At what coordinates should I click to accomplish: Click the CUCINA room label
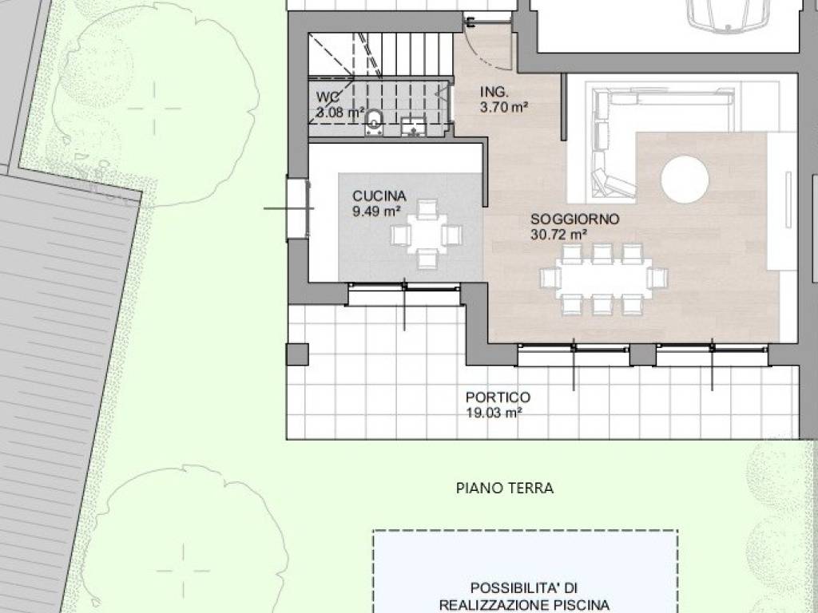click(x=379, y=196)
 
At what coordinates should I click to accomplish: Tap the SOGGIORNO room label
click(x=574, y=219)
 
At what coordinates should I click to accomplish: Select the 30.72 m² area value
click(x=558, y=234)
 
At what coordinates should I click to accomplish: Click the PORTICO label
click(x=498, y=397)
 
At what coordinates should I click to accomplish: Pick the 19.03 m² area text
click(x=494, y=413)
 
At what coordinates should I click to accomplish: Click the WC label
click(x=328, y=97)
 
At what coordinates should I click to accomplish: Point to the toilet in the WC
click(x=374, y=121)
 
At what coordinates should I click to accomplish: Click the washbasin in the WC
click(x=414, y=125)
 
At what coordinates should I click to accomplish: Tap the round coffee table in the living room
click(x=685, y=179)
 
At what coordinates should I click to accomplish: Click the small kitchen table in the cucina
click(x=426, y=235)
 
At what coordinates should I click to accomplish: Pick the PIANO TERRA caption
click(x=504, y=488)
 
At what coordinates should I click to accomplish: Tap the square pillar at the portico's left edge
click(x=297, y=354)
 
